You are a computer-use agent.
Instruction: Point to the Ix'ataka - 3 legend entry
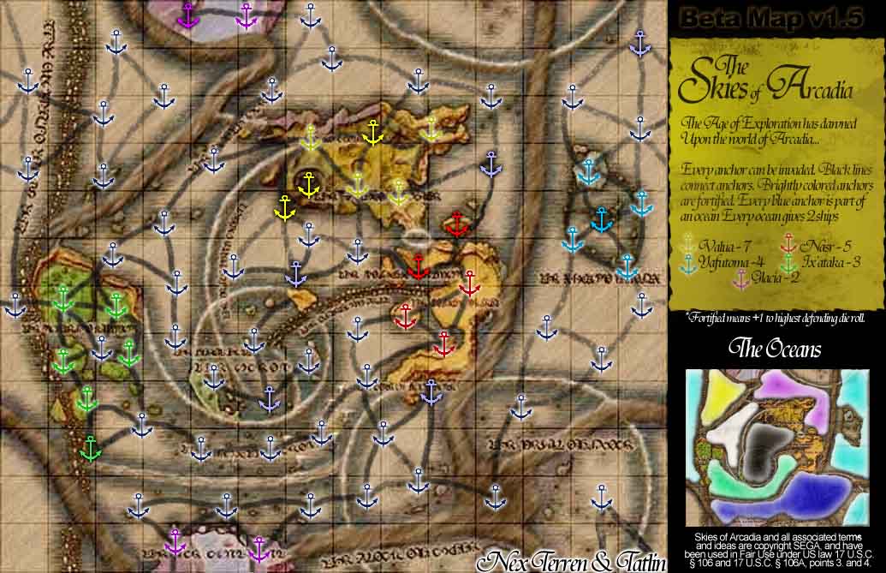[828, 262]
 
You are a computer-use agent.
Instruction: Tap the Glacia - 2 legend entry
[776, 277]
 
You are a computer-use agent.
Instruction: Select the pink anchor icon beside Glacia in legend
[742, 278]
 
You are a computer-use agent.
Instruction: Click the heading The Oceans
[775, 349]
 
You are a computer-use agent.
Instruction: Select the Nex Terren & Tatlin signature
[572, 561]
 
